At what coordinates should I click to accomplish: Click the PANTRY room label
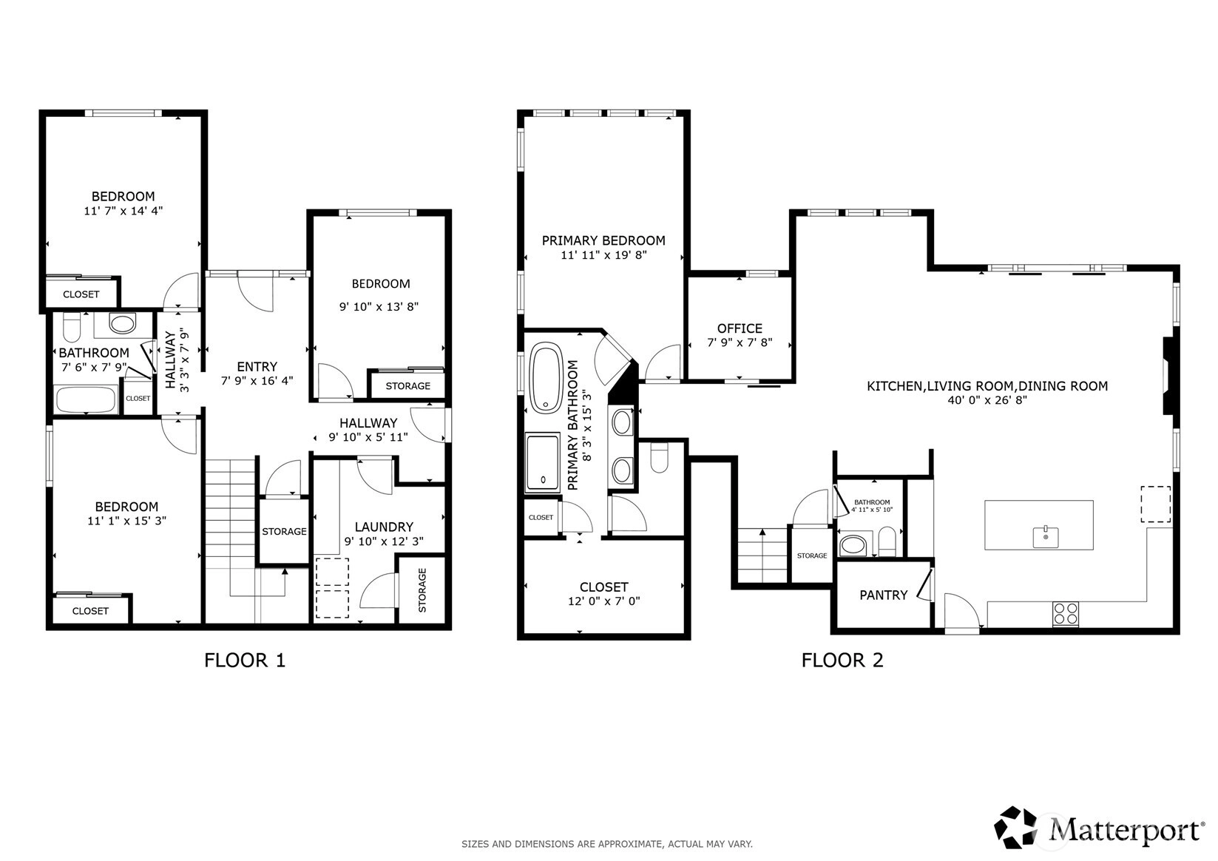[884, 595]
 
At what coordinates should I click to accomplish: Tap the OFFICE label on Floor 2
[740, 328]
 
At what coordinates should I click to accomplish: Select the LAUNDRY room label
[384, 527]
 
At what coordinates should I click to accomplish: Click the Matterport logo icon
[1015, 827]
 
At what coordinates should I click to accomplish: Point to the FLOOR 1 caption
[245, 661]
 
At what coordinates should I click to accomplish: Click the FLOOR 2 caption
[842, 661]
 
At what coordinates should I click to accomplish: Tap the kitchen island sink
[1046, 537]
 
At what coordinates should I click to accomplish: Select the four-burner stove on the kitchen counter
[1066, 613]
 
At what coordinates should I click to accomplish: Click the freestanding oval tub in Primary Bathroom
[547, 377]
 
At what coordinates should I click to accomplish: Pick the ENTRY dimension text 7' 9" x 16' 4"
[257, 381]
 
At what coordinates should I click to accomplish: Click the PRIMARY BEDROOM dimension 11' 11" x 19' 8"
[603, 254]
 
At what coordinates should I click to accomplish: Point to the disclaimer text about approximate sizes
[607, 844]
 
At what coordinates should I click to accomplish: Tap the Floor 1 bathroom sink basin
[123, 324]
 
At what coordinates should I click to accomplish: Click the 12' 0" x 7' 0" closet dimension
[604, 601]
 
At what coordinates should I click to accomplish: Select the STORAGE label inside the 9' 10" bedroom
[407, 386]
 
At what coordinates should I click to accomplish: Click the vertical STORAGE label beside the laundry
[422, 590]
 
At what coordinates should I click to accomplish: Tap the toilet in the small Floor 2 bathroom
[887, 541]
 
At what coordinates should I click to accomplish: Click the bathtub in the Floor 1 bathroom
[87, 399]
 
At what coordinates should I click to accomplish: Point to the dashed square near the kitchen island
[1155, 504]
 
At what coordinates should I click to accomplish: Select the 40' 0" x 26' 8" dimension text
[987, 400]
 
